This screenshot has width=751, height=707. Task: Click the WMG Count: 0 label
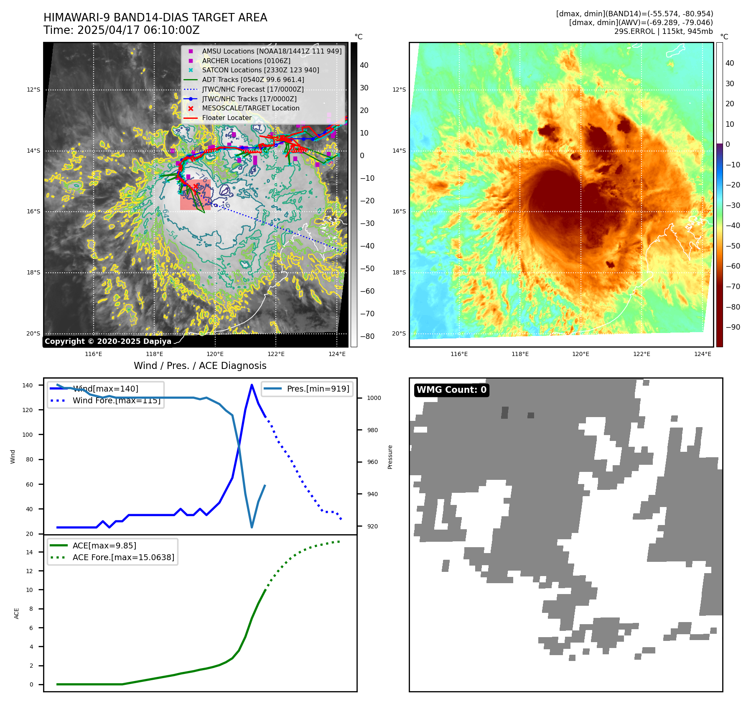(x=451, y=390)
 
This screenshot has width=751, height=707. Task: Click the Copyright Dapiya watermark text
(x=108, y=341)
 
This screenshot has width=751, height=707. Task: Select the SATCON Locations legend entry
(x=260, y=70)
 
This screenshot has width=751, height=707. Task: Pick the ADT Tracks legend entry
(x=253, y=79)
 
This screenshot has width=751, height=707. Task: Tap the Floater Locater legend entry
(x=227, y=118)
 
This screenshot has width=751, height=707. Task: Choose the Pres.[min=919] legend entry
(x=318, y=389)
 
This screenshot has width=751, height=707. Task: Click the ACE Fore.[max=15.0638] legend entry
(x=123, y=557)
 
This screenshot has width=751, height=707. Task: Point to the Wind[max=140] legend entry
(x=105, y=389)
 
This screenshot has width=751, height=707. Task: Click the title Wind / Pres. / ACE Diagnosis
(x=200, y=366)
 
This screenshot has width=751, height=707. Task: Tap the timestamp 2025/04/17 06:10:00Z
(x=138, y=30)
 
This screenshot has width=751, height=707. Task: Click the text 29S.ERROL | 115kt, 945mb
(x=663, y=31)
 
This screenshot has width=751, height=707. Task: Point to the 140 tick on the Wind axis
(x=28, y=385)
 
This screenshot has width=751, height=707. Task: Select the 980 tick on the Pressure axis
(x=374, y=430)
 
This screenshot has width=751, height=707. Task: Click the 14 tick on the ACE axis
(x=29, y=552)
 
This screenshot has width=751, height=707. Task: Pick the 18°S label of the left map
(x=33, y=273)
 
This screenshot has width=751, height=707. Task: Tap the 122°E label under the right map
(x=642, y=354)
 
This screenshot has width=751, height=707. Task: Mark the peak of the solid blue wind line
(x=252, y=384)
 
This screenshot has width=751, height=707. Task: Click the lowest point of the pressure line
(x=252, y=528)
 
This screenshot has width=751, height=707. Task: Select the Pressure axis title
(x=390, y=457)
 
